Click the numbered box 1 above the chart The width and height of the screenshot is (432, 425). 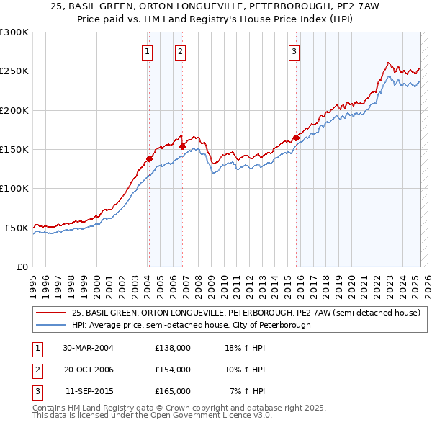(147, 50)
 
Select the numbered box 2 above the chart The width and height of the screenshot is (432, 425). (179, 50)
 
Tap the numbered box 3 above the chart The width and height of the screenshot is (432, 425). (294, 50)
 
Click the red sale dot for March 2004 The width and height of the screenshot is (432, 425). (149, 158)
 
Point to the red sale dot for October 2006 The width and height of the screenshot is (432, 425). (182, 146)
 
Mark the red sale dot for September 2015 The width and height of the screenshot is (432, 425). (296, 138)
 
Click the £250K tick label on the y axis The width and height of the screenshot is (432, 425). (14, 71)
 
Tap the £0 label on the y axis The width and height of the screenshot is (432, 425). (22, 267)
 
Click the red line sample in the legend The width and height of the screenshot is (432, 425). (52, 313)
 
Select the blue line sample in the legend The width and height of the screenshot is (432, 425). (52, 325)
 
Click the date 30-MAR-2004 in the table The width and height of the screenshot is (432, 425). (89, 347)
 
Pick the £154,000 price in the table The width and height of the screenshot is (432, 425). (173, 370)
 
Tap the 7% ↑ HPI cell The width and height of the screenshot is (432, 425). (248, 391)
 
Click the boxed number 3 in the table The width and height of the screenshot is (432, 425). (37, 391)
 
